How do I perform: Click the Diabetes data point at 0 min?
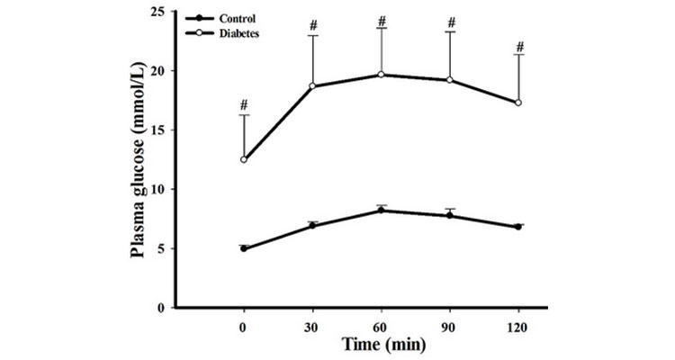(x=243, y=159)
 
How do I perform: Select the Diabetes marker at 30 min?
(x=312, y=86)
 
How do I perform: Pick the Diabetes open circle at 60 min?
(x=381, y=75)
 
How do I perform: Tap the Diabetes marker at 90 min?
(x=449, y=80)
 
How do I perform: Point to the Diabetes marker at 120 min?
(x=518, y=103)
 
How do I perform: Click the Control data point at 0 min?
(x=243, y=248)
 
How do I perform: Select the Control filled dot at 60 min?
(x=381, y=211)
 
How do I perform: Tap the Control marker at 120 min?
(x=518, y=227)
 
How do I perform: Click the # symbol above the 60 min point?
(x=382, y=20)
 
